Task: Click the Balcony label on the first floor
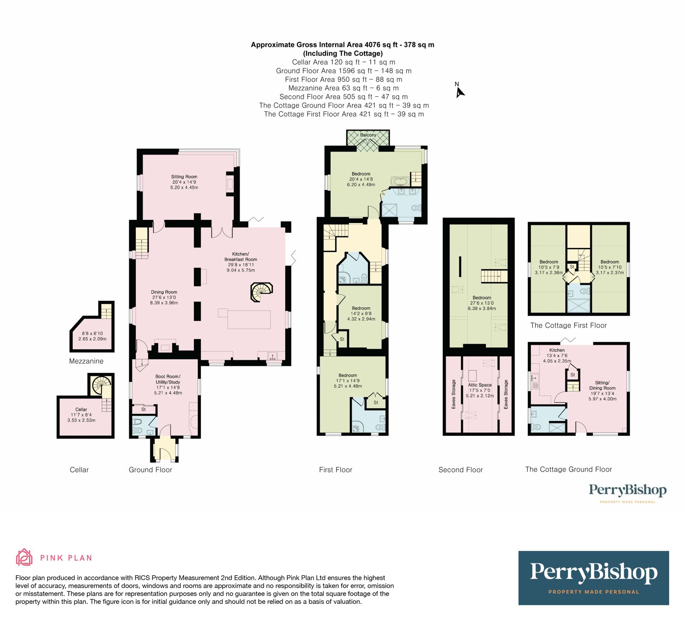click(x=368, y=135)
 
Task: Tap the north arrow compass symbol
click(x=459, y=91)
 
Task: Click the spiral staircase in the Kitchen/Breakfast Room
click(x=260, y=292)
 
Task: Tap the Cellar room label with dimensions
click(x=81, y=415)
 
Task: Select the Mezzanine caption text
click(x=86, y=361)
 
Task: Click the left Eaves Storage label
click(x=454, y=394)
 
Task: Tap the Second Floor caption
click(x=460, y=470)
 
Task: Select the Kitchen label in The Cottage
click(x=557, y=350)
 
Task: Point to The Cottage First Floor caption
click(x=568, y=326)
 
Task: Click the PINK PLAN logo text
click(x=66, y=558)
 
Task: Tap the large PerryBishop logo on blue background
click(x=593, y=578)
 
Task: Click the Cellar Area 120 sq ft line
click(x=343, y=62)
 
